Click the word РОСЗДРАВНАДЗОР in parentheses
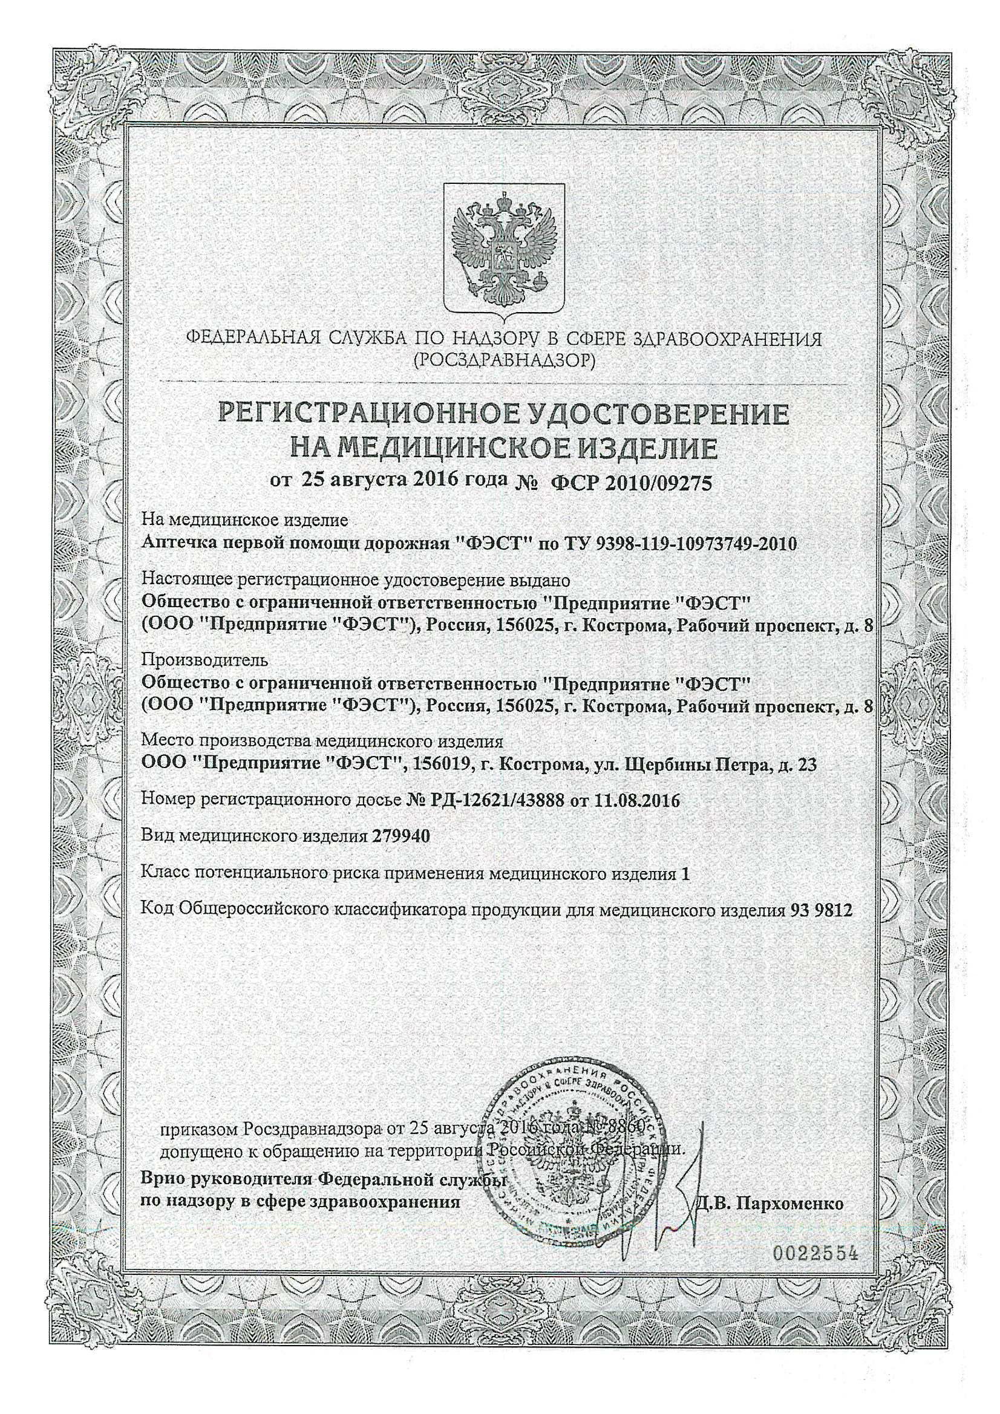coord(504,359)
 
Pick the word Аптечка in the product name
coord(174,544)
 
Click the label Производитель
coord(204,660)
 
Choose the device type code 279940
coord(401,836)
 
